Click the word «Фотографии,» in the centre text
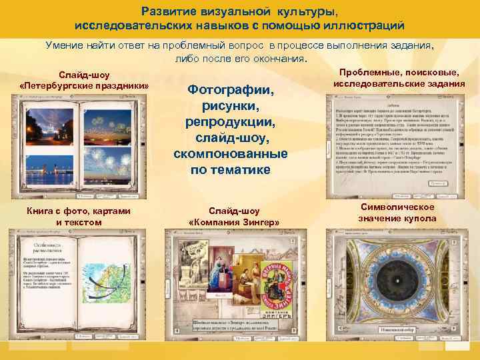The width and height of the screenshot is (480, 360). point(230,90)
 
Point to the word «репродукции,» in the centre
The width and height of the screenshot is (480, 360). point(230,123)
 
